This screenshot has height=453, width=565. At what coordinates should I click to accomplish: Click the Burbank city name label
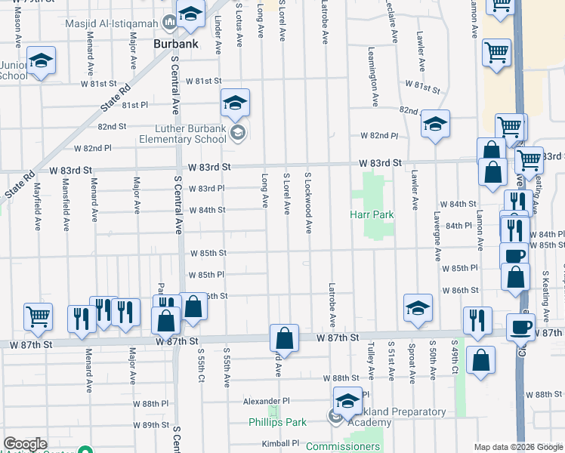(175, 44)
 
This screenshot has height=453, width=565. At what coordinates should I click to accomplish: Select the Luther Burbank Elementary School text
(183, 134)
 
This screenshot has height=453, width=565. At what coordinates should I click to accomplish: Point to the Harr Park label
(372, 214)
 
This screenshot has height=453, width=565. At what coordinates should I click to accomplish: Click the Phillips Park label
(276, 422)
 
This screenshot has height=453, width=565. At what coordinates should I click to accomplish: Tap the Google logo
(25, 444)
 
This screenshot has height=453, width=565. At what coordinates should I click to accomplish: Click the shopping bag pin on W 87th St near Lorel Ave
(284, 337)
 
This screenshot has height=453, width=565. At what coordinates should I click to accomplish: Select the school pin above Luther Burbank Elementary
(235, 103)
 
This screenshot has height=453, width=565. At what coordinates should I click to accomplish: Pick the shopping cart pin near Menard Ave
(38, 316)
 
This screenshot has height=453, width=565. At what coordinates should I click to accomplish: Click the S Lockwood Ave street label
(308, 202)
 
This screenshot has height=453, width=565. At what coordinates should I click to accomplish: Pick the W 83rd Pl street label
(206, 188)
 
